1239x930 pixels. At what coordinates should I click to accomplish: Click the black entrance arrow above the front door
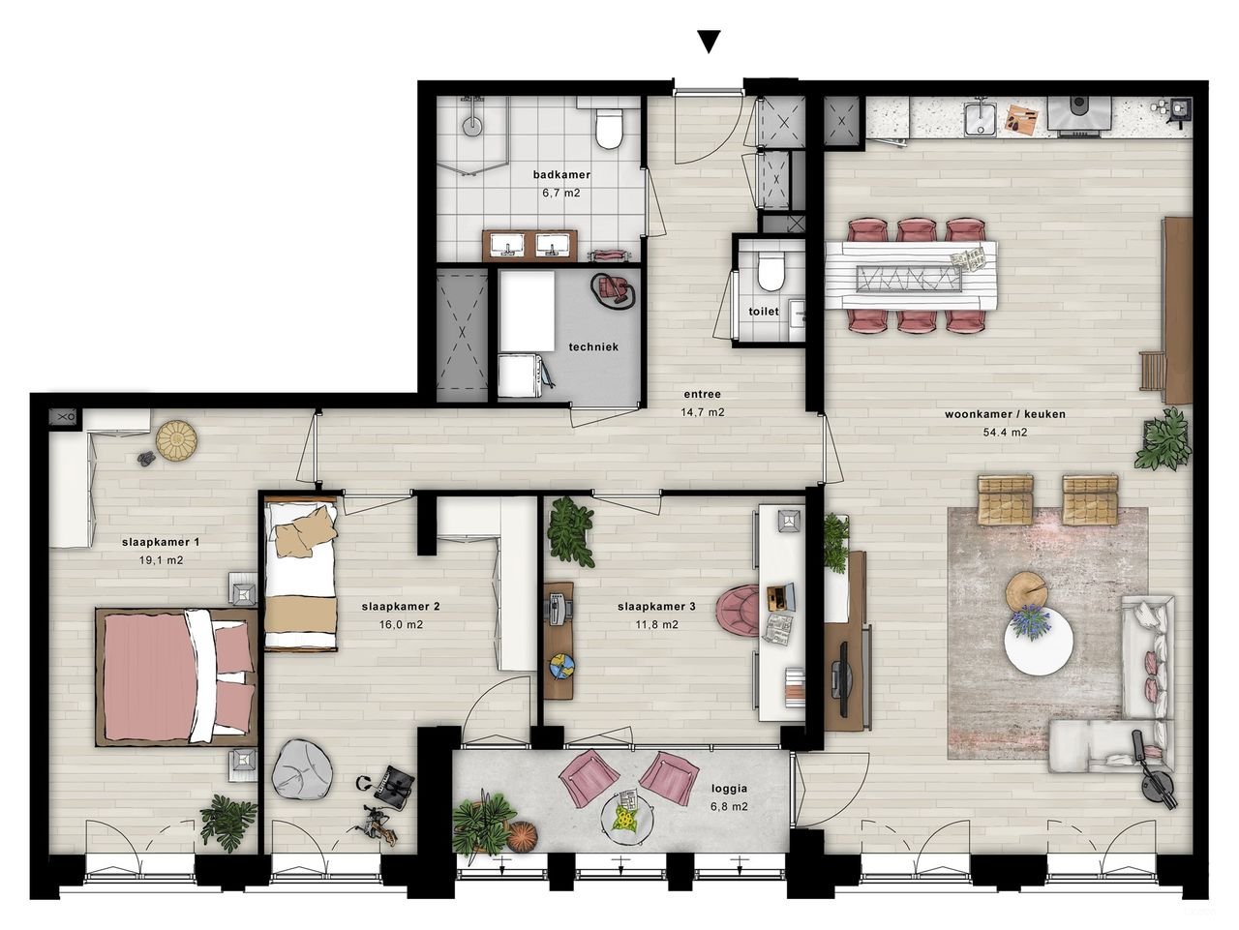coord(710,41)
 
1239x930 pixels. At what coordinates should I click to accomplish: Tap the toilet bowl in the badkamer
coord(609,130)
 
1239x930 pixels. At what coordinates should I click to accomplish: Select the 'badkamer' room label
coord(561,175)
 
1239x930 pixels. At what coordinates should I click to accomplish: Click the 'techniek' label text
coord(592,346)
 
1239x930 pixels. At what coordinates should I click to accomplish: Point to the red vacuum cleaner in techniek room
coord(613,288)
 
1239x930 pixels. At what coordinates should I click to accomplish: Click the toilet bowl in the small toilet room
coord(771,272)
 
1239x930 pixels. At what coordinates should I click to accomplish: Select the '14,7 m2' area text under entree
coord(703,411)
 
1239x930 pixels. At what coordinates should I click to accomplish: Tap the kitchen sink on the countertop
coord(982,120)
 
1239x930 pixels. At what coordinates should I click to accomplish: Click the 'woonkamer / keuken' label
coord(1005,414)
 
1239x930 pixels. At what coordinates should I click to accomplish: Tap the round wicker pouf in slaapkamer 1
coord(177,439)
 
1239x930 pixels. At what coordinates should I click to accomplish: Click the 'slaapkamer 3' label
coord(656,608)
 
